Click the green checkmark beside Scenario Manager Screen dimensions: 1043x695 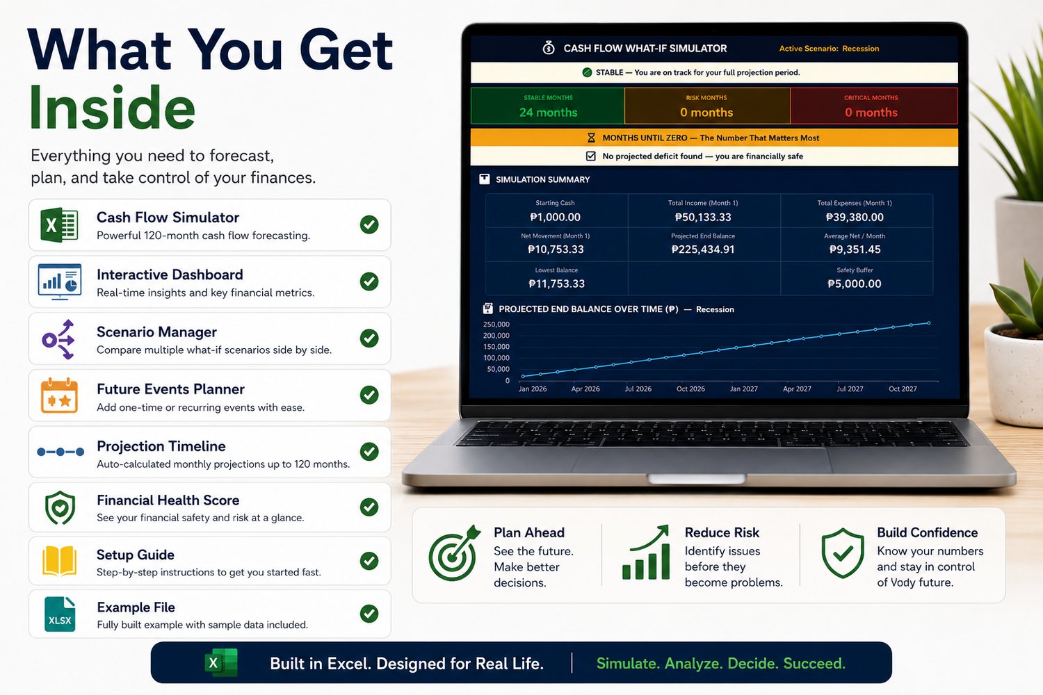369,338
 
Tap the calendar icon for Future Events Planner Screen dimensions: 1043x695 59,395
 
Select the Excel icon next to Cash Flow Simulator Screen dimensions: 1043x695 59,225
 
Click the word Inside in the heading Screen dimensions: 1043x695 112,107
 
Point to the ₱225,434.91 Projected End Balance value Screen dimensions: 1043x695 702,250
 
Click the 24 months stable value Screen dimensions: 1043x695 548,112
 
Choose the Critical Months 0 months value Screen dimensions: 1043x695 871,112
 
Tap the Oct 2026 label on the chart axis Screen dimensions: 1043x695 690,389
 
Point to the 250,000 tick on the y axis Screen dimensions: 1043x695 496,324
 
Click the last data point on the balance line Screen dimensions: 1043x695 928,323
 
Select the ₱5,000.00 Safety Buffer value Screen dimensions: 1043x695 855,284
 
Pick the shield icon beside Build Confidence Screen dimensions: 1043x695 843,553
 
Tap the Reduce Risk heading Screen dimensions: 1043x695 722,532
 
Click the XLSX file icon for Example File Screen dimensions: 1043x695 60,614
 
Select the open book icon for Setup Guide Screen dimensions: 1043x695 59,561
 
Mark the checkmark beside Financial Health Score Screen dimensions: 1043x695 369,507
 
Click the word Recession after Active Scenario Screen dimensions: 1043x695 861,49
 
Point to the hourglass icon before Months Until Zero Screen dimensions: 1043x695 591,138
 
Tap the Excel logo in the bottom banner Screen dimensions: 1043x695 221,662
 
